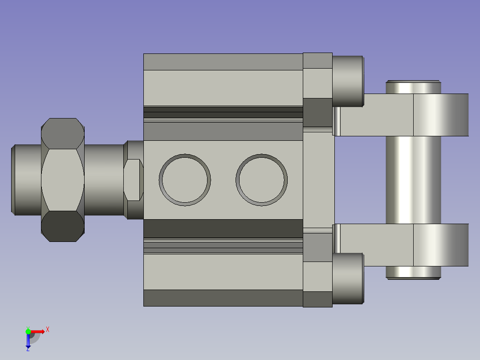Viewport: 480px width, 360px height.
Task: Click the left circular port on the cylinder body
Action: click(x=185, y=180)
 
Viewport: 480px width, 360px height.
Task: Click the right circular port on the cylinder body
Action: click(x=261, y=180)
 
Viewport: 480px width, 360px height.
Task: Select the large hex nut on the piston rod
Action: click(x=63, y=180)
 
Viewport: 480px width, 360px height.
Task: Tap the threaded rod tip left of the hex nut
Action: click(x=26, y=180)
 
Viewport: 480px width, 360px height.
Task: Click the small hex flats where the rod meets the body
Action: click(x=133, y=180)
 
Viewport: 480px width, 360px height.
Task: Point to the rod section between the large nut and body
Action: click(x=103, y=180)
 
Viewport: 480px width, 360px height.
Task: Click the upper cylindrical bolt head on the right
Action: click(x=348, y=81)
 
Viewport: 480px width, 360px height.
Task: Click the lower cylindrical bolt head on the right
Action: click(x=348, y=279)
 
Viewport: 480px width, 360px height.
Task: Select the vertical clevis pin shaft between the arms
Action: click(x=413, y=180)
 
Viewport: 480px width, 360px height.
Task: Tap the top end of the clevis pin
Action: click(x=413, y=86)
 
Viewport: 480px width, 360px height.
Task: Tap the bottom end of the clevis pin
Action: click(x=413, y=273)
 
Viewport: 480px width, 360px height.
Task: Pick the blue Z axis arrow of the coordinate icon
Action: click(x=28, y=342)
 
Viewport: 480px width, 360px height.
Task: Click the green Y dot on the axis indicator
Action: click(x=28, y=331)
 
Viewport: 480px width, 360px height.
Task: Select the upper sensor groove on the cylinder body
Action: click(x=223, y=112)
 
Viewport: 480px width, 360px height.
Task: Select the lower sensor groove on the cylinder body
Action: click(x=223, y=245)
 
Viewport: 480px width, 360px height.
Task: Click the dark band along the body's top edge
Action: click(x=223, y=62)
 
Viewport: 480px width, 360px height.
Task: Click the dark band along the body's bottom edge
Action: click(x=223, y=298)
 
